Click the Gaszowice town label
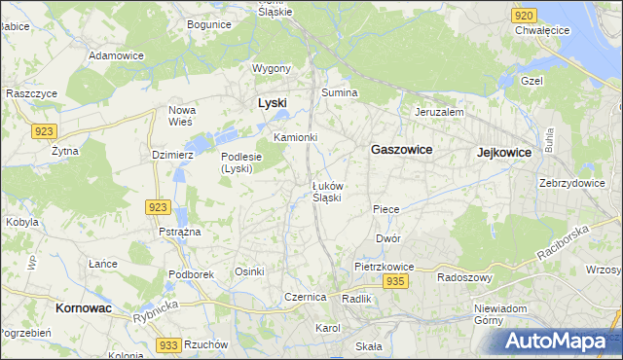pos(401,150)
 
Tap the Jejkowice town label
pos(503,153)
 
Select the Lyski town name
pos(272,102)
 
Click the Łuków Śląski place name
pos(326,191)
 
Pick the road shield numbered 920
pos(524,16)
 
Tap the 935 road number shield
pos(394,281)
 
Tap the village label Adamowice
pos(116,55)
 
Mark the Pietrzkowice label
pos(385,266)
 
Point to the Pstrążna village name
pos(179,232)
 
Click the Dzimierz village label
pos(174,155)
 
